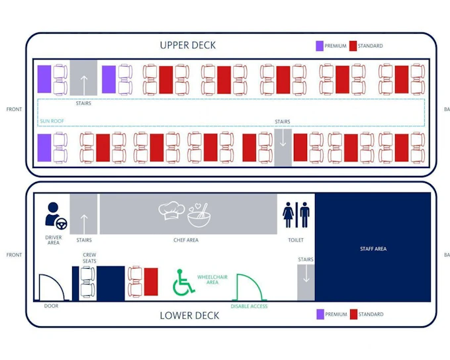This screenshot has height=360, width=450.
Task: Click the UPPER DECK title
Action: tap(188, 46)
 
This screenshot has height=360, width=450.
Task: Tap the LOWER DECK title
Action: tap(189, 316)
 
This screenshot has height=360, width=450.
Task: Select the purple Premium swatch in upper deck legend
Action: tap(320, 46)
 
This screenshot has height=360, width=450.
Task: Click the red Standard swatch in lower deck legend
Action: tap(353, 314)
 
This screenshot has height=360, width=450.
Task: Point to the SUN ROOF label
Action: tap(52, 121)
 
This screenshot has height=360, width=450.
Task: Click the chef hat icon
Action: tap(171, 210)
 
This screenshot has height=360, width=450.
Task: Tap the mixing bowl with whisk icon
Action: tap(199, 215)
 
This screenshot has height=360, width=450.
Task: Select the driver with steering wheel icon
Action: tap(56, 216)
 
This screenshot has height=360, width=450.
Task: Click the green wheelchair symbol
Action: tap(183, 283)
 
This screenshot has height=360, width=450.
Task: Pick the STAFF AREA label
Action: tap(373, 249)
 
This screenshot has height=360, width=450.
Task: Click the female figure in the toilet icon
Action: tap(288, 214)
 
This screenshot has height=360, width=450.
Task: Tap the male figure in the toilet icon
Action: tap(304, 214)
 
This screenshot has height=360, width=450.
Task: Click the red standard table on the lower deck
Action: tap(151, 282)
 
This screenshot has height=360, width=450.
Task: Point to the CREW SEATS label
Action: tap(89, 258)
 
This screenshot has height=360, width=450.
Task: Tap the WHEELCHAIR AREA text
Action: tap(212, 280)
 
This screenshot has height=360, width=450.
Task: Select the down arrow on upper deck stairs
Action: tap(283, 138)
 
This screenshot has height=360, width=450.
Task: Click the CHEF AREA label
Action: tap(186, 240)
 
